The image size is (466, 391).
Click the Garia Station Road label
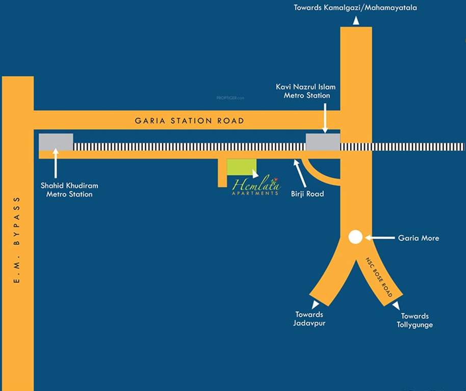coord(189,121)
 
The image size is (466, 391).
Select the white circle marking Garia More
coord(355,237)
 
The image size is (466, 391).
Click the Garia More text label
coord(418,238)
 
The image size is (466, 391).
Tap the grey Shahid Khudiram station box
coord(56,142)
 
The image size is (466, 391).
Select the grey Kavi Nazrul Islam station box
coord(323,142)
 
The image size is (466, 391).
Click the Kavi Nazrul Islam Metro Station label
coord(306,91)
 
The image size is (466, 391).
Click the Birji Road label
coord(308,193)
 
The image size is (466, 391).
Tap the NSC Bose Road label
coord(378,277)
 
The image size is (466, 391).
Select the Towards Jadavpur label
coord(309,319)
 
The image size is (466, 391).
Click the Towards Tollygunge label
coord(415,320)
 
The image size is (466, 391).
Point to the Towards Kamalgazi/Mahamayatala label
coord(355,8)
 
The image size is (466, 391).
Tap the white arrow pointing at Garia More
coord(379,238)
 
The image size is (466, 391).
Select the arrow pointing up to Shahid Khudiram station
coord(56,162)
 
